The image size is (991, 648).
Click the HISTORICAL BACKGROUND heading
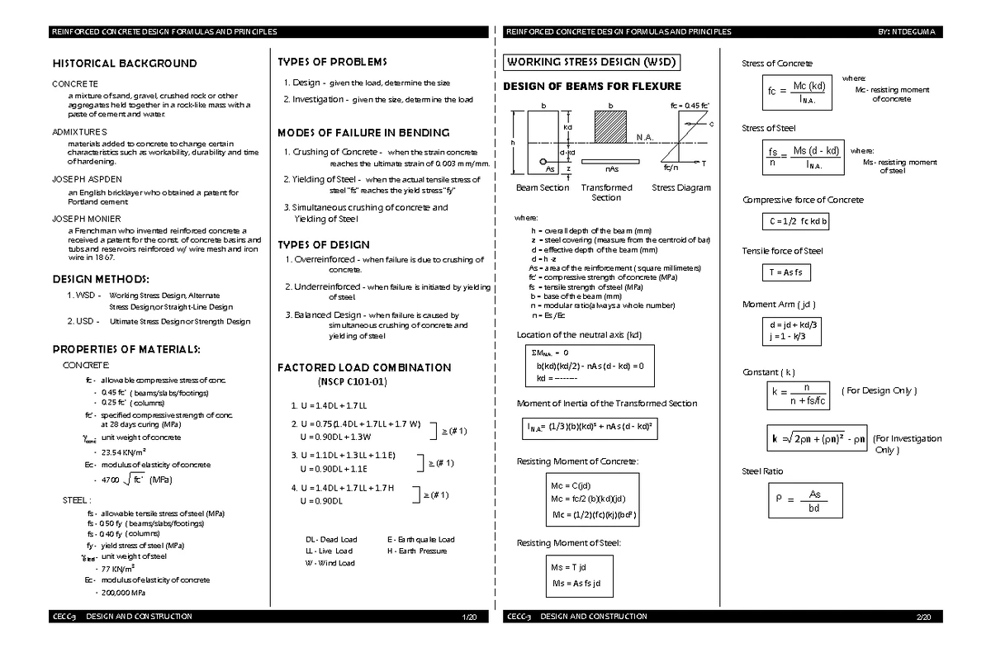(125, 64)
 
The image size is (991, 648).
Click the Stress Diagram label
(680, 188)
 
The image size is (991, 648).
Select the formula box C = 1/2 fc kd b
(796, 222)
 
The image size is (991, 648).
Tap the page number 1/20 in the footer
(469, 617)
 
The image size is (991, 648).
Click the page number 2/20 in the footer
(923, 617)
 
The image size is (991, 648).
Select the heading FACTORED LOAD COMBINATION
(364, 367)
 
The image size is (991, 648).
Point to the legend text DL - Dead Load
(331, 540)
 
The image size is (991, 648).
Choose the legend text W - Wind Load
(330, 563)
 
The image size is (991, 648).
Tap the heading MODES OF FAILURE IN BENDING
(363, 133)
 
